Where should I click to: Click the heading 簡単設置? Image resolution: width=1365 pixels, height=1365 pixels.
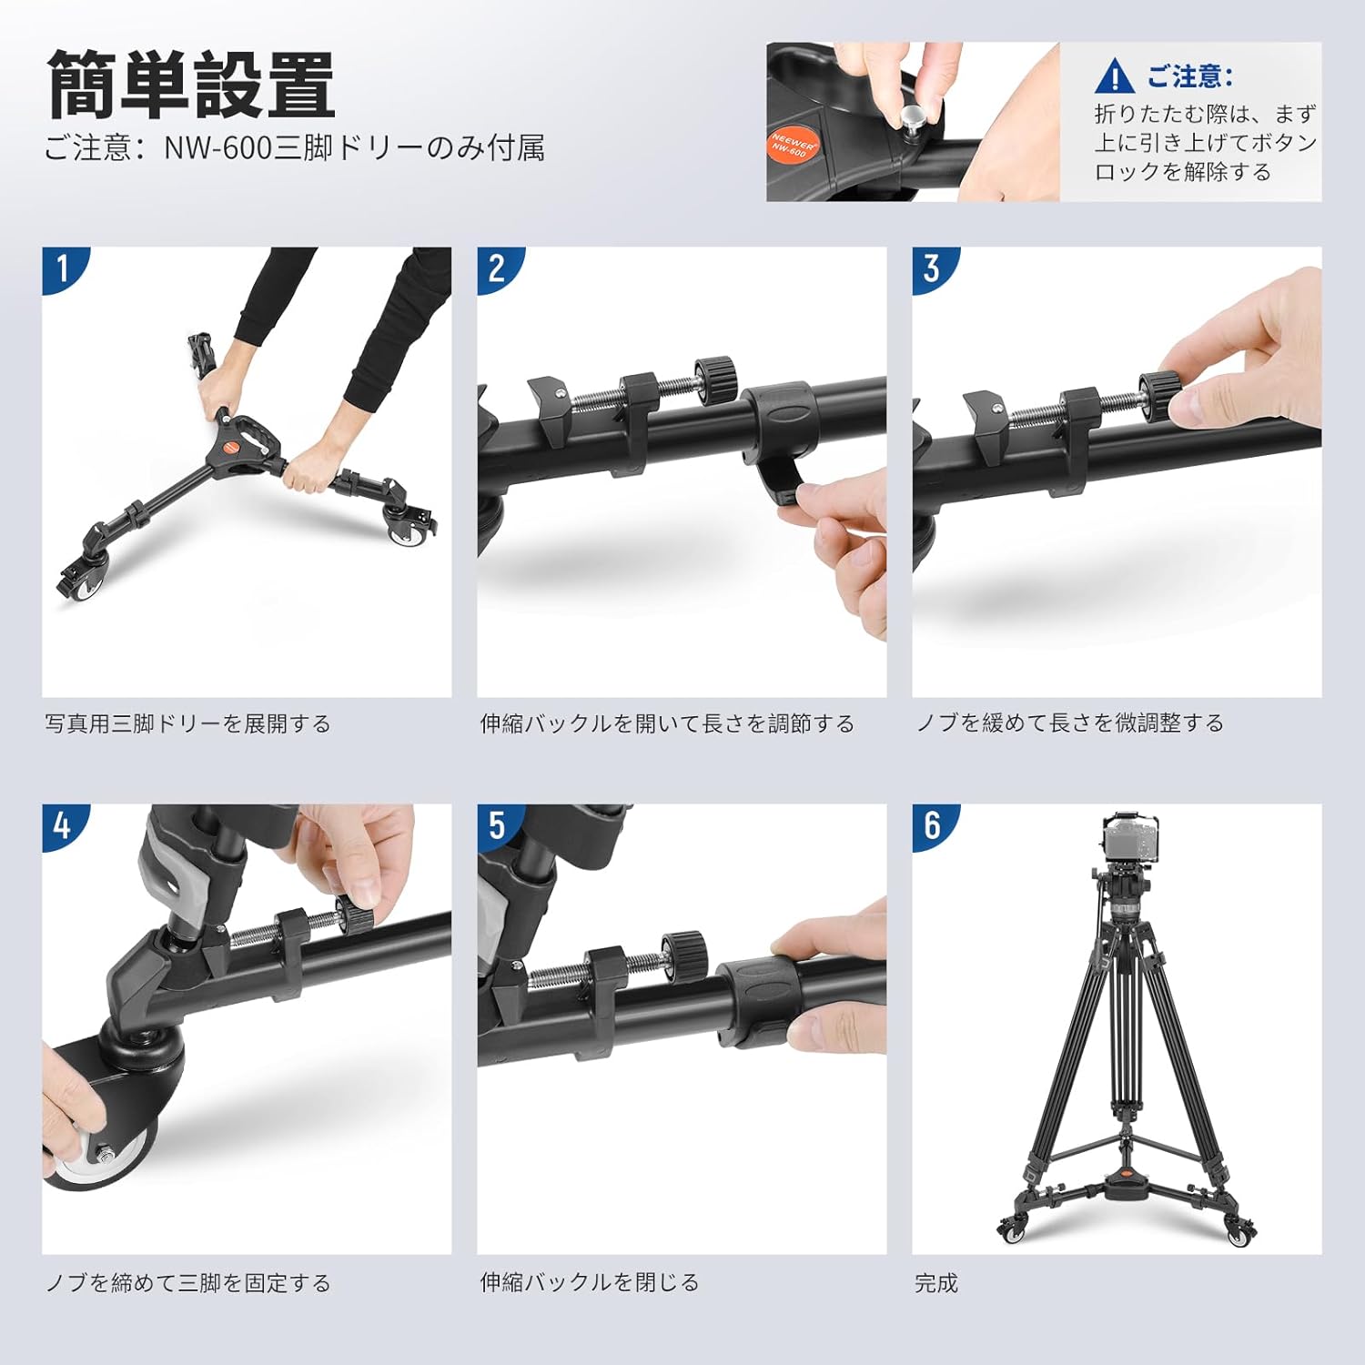click(191, 86)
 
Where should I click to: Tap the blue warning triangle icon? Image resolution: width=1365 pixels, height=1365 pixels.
click(1114, 76)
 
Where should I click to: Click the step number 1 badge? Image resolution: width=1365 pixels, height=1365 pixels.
click(63, 268)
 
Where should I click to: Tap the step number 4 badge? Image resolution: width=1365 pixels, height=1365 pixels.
click(63, 825)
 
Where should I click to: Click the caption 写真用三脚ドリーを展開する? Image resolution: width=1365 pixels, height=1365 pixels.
click(188, 723)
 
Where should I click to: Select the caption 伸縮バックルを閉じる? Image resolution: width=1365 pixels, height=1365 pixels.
click(590, 1282)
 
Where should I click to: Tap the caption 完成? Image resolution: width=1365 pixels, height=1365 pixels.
click(936, 1282)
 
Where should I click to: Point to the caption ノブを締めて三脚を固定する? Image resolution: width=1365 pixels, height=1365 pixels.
click(188, 1282)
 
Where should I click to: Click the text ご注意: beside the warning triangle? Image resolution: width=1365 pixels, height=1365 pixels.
click(1188, 76)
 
